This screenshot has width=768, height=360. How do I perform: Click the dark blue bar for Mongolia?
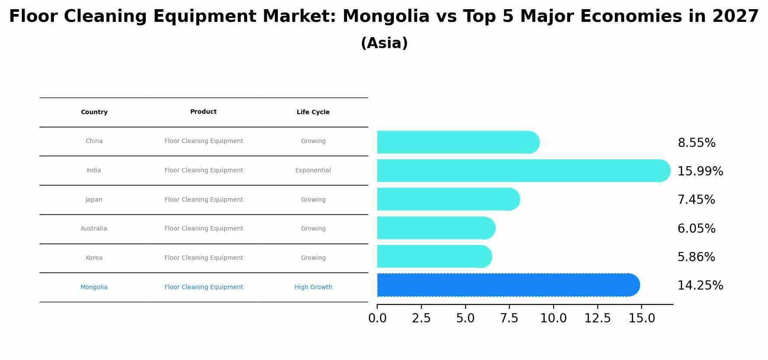click(x=508, y=285)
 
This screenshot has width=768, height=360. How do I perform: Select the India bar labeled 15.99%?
click(x=523, y=171)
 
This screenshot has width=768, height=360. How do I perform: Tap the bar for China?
click(x=457, y=142)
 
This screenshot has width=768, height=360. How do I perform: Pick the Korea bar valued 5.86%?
click(x=433, y=256)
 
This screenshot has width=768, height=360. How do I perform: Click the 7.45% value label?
click(x=696, y=200)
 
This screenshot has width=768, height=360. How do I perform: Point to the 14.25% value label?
click(x=700, y=286)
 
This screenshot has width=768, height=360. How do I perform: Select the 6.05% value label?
click(x=696, y=229)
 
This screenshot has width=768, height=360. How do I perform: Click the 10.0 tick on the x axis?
click(x=553, y=318)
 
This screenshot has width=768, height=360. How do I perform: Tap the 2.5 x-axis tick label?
click(x=421, y=318)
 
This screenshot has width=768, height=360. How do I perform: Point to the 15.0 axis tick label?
click(x=642, y=318)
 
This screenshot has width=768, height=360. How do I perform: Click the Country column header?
click(x=94, y=112)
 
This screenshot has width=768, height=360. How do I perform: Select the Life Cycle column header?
click(x=313, y=112)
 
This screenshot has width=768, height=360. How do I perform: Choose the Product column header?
click(x=203, y=112)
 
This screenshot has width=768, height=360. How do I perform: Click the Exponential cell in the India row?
click(x=313, y=171)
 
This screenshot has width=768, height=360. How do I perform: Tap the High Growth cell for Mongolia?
click(x=313, y=287)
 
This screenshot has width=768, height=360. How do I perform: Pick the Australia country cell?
click(x=94, y=229)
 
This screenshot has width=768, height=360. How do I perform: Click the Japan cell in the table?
click(x=94, y=200)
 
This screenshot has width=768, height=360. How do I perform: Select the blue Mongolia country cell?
click(x=94, y=287)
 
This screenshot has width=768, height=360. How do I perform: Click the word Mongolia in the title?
click(x=386, y=17)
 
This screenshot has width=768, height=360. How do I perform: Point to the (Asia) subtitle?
click(x=384, y=43)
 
